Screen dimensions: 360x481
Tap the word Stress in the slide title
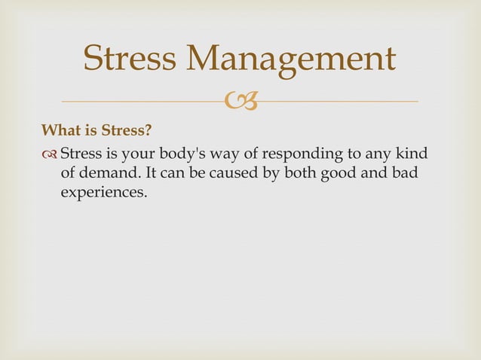tap(128, 59)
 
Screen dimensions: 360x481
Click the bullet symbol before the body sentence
tap(50, 155)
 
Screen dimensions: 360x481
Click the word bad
tap(380, 173)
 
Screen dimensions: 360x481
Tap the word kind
tap(411, 154)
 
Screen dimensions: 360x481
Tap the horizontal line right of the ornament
tap(339, 101)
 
